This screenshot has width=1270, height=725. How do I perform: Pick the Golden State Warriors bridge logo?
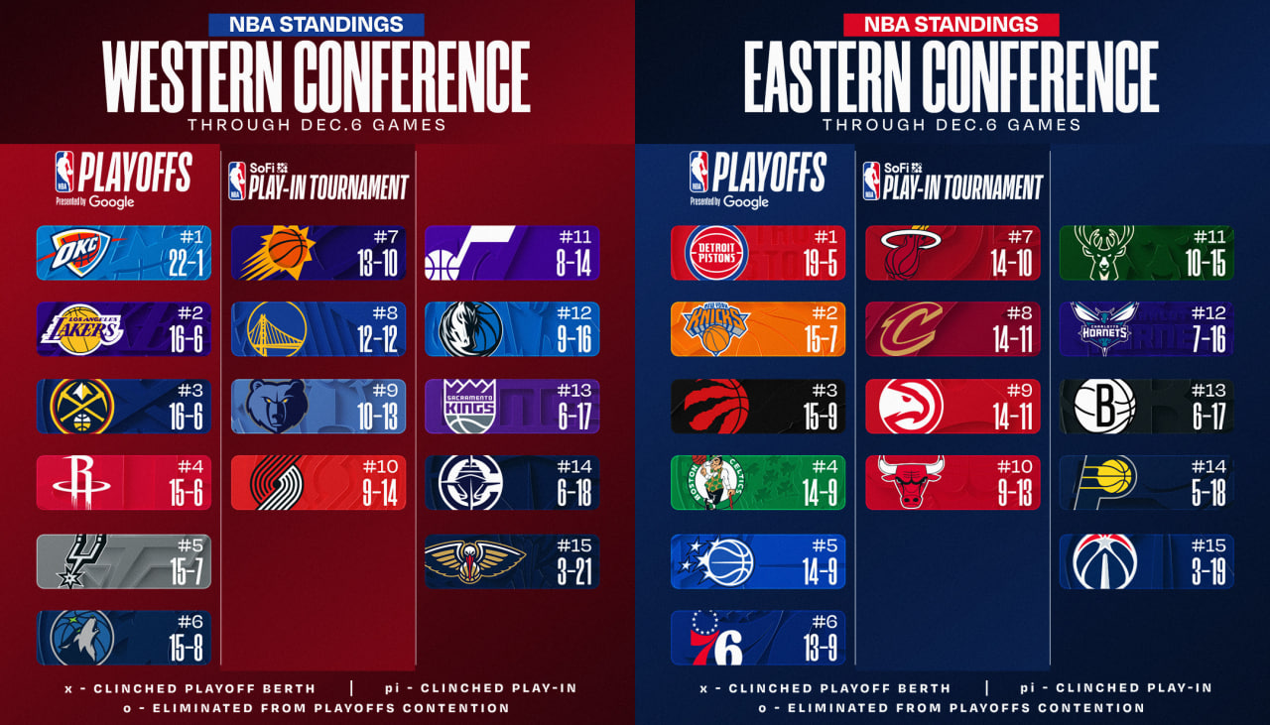pyautogui.click(x=277, y=328)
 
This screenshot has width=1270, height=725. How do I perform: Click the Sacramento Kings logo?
pyautogui.click(x=470, y=406)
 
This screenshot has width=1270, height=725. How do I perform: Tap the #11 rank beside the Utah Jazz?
pyautogui.click(x=574, y=237)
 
